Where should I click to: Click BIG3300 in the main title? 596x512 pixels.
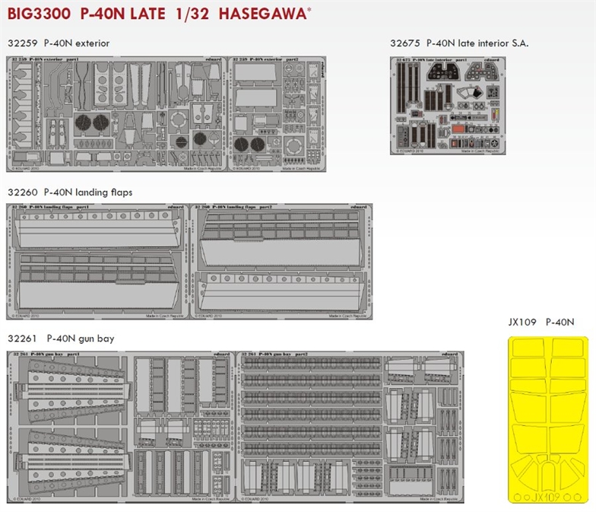(x=37, y=14)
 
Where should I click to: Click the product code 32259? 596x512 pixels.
(x=21, y=43)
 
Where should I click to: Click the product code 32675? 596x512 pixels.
(x=404, y=43)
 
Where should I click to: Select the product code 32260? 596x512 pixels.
(x=21, y=192)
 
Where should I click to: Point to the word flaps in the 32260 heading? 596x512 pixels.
(x=120, y=192)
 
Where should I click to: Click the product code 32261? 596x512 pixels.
(x=21, y=339)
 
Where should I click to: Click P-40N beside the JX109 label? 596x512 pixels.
(x=561, y=323)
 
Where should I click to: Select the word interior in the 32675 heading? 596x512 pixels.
(x=483, y=43)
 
